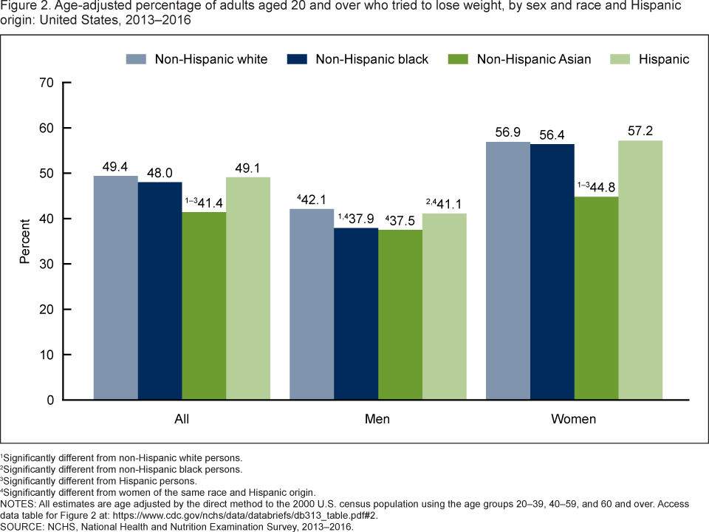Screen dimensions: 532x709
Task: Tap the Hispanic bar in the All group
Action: click(248, 288)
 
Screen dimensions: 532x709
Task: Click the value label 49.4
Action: click(115, 166)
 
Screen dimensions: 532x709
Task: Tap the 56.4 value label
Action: click(552, 134)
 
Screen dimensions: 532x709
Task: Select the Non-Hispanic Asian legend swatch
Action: click(459, 59)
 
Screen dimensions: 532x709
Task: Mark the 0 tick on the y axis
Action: click(49, 400)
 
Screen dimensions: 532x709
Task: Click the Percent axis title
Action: click(24, 241)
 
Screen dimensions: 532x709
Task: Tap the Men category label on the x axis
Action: click(377, 420)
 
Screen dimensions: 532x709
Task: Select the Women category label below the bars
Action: click(574, 420)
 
